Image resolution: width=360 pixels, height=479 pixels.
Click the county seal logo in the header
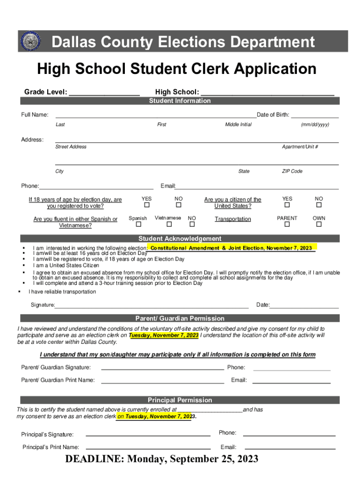point(31,42)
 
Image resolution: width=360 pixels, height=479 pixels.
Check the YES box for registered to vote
point(147,205)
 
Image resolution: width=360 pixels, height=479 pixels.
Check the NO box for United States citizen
point(319,205)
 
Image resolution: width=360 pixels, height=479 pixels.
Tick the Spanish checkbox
point(137,225)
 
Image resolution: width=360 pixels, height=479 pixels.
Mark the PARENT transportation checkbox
point(287,225)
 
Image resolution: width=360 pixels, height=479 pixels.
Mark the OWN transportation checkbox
point(319,225)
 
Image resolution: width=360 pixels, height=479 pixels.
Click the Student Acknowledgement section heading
point(180,239)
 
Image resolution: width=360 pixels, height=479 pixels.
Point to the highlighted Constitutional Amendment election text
point(231,248)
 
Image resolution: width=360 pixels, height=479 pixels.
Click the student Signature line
point(151,308)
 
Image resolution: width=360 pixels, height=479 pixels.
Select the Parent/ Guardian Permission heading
point(180,319)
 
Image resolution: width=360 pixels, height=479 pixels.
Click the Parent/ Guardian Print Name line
point(162,383)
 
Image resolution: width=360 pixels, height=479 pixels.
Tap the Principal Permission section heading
point(180,400)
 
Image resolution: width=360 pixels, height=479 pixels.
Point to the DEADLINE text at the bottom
point(162,459)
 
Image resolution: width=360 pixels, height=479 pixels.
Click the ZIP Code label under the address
point(292,171)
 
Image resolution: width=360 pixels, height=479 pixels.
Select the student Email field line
point(257,189)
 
